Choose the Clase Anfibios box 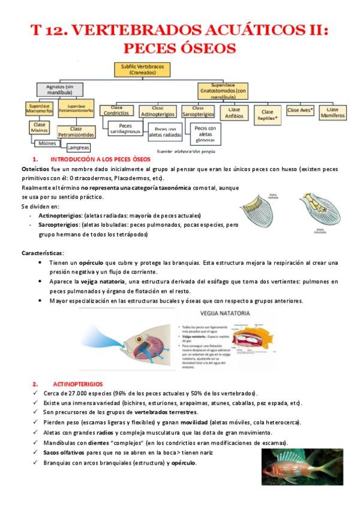(x=234, y=112)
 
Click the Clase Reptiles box (x=268, y=114)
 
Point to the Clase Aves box (x=301, y=110)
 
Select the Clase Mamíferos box (x=333, y=112)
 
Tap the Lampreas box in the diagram (x=79, y=147)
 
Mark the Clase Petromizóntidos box (x=76, y=131)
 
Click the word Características (x=43, y=253)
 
